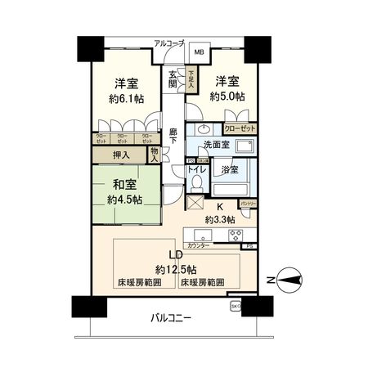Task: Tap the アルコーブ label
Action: [170, 42]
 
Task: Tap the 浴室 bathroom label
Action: [230, 170]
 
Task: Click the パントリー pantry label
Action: [249, 201]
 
